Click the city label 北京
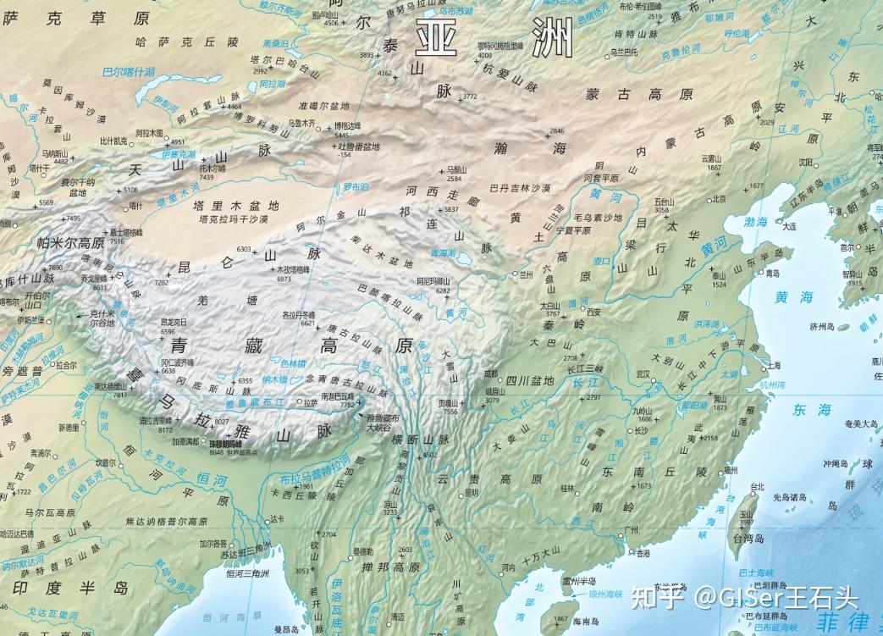pos(719,200)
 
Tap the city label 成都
pos(491,373)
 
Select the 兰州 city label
pos(527,274)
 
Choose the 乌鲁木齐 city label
pos(301,123)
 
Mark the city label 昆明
pos(471,494)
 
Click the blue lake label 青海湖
pos(442,253)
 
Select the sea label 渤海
pos(756,222)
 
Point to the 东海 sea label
pos(812,410)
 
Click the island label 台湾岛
pos(748,538)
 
